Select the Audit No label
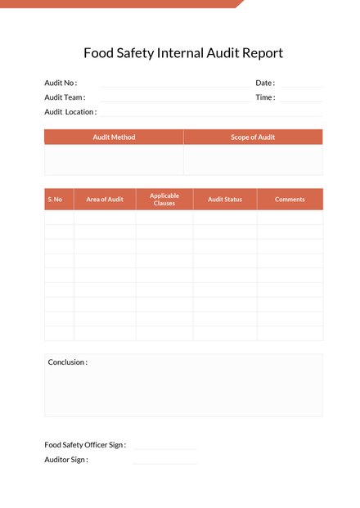[x=61, y=83]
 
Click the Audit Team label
[x=65, y=97]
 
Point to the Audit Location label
[x=70, y=112]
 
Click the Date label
[x=265, y=83]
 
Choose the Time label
[x=265, y=97]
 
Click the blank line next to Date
[x=301, y=86]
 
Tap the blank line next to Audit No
[x=173, y=86]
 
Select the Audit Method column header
[x=114, y=137]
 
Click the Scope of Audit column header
[x=253, y=137]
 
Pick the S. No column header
[x=55, y=200]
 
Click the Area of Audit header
[x=105, y=200]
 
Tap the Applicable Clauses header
[x=164, y=200]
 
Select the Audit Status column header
[x=225, y=200]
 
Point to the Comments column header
[x=290, y=200]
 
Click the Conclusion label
[x=68, y=362]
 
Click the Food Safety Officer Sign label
[x=85, y=445]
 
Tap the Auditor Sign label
[x=66, y=460]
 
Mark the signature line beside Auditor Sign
[x=165, y=463]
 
